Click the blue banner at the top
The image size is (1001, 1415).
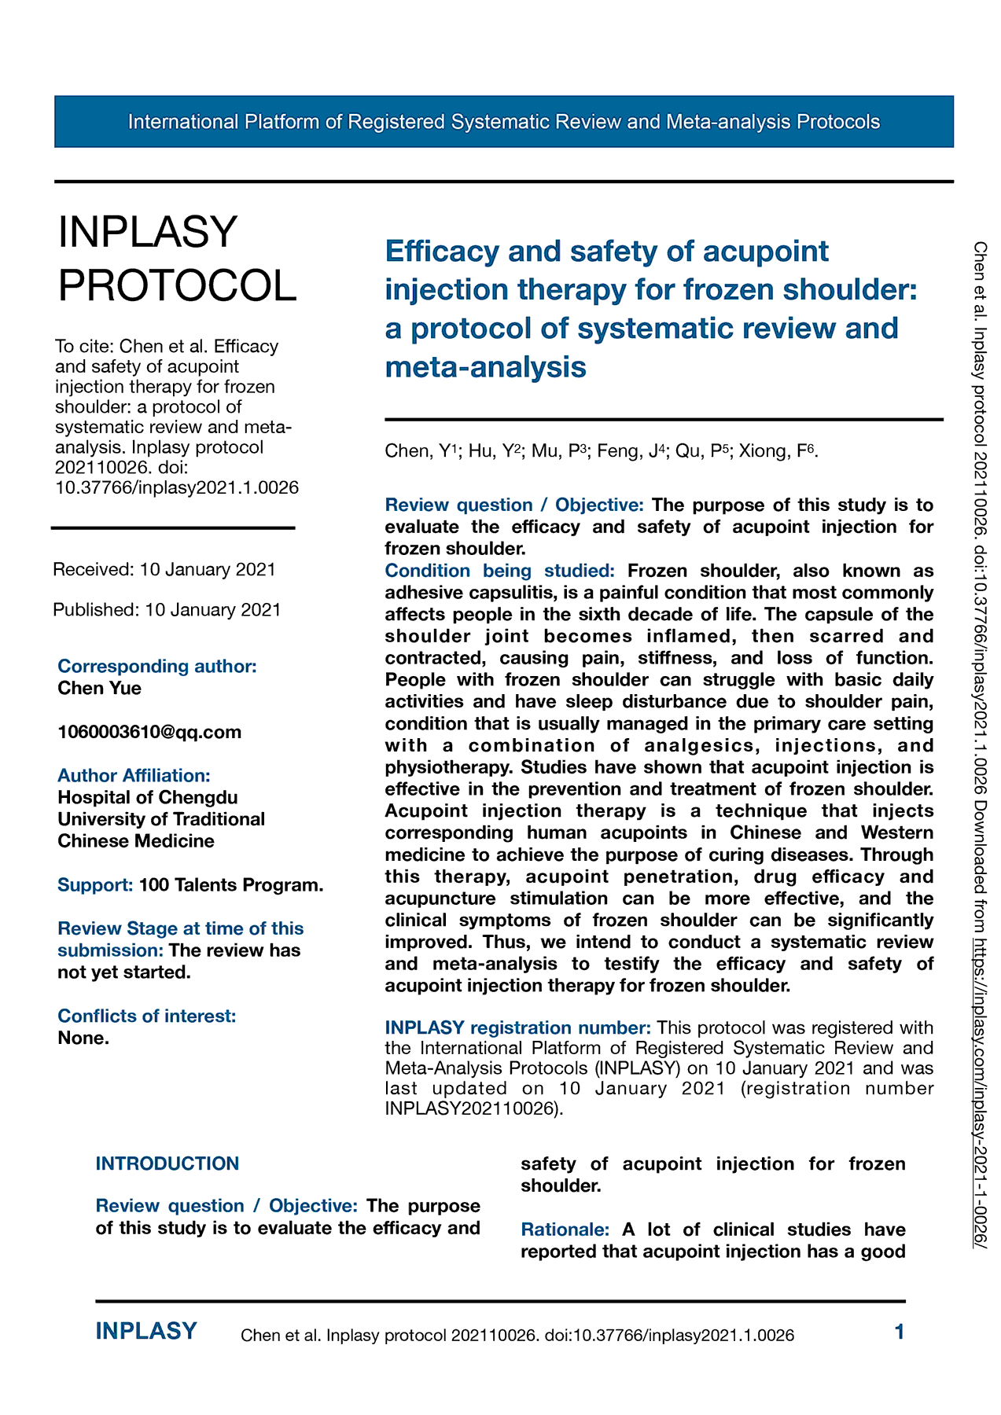(503, 122)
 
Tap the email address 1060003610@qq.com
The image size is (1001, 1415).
(149, 732)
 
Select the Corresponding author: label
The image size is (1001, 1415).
(157, 666)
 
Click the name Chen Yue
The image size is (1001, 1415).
(100, 688)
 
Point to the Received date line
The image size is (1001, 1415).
(164, 569)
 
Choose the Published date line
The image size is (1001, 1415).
(167, 610)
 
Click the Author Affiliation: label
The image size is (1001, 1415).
(134, 775)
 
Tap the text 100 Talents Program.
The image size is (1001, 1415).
(231, 885)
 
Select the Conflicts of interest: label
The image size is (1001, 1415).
(146, 1016)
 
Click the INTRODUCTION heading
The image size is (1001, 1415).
(167, 1163)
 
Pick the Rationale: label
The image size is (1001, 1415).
(565, 1229)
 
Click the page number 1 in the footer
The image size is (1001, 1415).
(900, 1332)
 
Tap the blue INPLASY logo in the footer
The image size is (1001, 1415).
(146, 1331)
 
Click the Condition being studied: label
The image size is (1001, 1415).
(499, 571)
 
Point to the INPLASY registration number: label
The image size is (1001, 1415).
(517, 1027)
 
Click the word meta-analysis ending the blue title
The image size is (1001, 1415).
(485, 367)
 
